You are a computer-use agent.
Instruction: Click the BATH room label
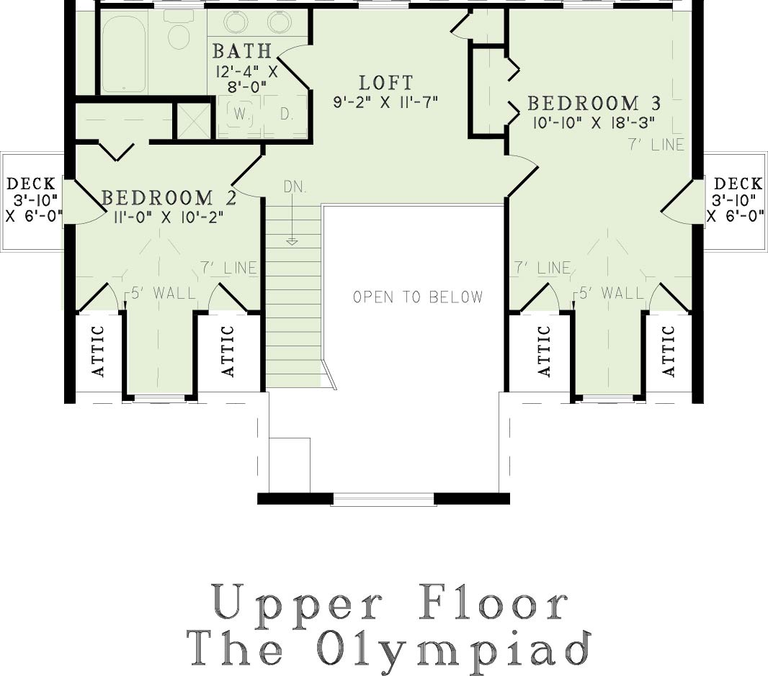click(242, 51)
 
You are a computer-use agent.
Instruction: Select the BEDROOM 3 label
click(594, 103)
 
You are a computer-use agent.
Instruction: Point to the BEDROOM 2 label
click(169, 198)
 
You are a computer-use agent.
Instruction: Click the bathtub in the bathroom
click(124, 54)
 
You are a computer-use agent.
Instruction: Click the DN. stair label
click(295, 186)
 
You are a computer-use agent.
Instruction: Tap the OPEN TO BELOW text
click(418, 297)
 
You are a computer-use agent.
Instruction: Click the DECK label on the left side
click(32, 184)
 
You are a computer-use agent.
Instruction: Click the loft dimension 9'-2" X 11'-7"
click(385, 102)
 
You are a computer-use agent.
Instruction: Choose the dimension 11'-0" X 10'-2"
click(169, 217)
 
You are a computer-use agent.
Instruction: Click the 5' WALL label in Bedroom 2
click(163, 293)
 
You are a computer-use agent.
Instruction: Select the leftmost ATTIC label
click(99, 351)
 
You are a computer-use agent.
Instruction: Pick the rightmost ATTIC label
click(669, 351)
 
